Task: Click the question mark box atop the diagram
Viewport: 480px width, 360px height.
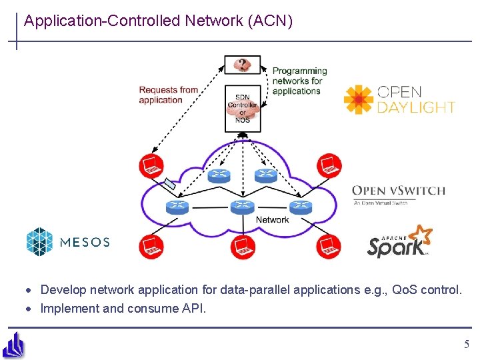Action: pos(243,65)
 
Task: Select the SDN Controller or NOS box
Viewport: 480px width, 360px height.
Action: pos(243,108)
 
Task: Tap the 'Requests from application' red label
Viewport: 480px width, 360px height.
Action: pos(168,95)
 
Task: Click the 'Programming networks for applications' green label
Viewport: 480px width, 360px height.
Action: pos(299,81)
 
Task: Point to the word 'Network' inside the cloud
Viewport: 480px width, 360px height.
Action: pos(273,220)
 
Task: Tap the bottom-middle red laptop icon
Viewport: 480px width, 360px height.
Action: pos(243,247)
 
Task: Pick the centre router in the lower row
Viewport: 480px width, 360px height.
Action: pos(243,207)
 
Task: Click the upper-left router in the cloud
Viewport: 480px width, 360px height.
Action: pos(219,175)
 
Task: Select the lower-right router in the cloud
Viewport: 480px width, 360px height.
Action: pos(300,207)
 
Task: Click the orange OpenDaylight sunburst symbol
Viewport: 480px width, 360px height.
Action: pos(359,99)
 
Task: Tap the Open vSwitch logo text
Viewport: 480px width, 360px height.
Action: pos(398,191)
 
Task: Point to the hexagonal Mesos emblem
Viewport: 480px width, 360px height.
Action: pos(39,241)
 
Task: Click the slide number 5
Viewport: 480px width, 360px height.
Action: pos(467,345)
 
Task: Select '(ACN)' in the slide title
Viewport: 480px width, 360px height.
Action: pos(269,21)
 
